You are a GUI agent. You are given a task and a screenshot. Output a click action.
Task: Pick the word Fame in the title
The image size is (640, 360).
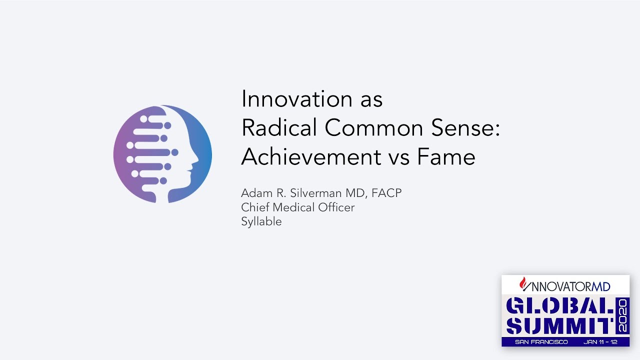click(446, 157)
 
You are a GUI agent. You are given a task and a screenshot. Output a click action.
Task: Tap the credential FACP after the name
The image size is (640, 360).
click(386, 193)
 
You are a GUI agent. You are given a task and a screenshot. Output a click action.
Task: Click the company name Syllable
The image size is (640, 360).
click(261, 222)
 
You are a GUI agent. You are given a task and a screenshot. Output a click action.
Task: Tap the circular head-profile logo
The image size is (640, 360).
click(162, 154)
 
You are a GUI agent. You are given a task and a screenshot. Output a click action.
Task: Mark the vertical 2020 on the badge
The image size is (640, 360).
click(622, 316)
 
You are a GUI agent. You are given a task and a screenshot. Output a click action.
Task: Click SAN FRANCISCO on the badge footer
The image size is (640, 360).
click(541, 342)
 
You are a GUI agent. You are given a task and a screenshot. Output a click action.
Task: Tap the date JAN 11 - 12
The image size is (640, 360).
click(600, 342)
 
